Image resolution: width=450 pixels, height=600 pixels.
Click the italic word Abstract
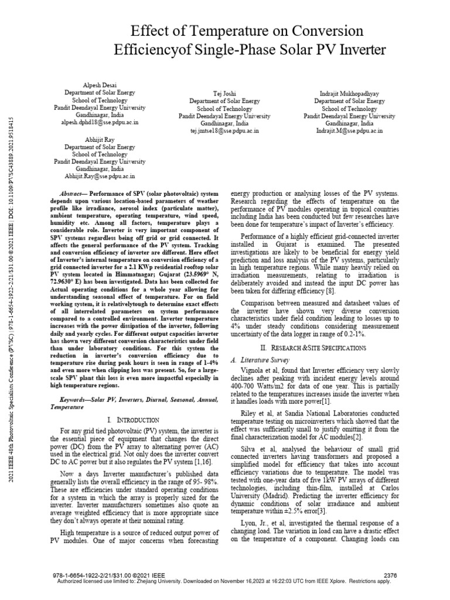click(x=73, y=194)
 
